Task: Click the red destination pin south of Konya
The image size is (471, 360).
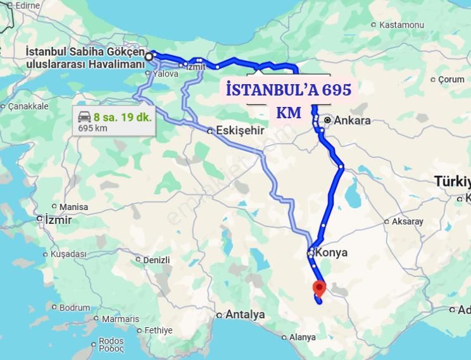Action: pyautogui.click(x=319, y=288)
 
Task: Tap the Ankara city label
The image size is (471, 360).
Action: pyautogui.click(x=352, y=120)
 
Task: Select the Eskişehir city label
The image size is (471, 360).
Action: pyautogui.click(x=240, y=131)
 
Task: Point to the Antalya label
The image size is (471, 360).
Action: pyautogui.click(x=244, y=314)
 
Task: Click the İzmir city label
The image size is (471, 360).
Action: pyautogui.click(x=58, y=220)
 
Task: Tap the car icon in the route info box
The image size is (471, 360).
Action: pyautogui.click(x=84, y=116)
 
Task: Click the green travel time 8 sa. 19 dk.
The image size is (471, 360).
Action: pyautogui.click(x=122, y=116)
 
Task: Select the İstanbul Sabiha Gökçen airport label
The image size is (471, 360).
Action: pyautogui.click(x=85, y=57)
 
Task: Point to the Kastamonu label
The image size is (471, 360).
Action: pyautogui.click(x=401, y=25)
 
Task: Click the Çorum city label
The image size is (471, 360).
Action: pyautogui.click(x=451, y=79)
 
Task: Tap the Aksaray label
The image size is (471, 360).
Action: pyautogui.click(x=407, y=221)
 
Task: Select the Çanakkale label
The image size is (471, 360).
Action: pyautogui.click(x=28, y=106)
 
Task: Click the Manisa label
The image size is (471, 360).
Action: pyautogui.click(x=73, y=207)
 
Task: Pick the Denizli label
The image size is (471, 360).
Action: pyautogui.click(x=156, y=260)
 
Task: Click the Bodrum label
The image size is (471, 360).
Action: pyautogui.click(x=75, y=307)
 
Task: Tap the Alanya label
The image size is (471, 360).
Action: pyautogui.click(x=302, y=337)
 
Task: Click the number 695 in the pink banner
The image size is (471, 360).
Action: pyautogui.click(x=336, y=90)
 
